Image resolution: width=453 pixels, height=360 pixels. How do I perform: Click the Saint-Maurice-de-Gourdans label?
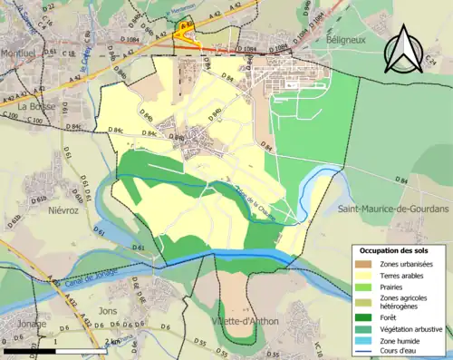pos(393,209)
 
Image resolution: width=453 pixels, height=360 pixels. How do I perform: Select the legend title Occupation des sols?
pos(396,249)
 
